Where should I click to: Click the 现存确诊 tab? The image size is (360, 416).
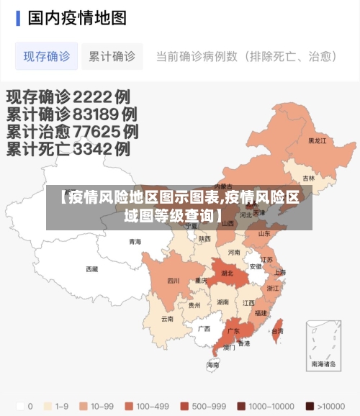47,56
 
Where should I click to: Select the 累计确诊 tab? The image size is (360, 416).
112,56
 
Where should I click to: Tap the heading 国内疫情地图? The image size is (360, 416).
77,17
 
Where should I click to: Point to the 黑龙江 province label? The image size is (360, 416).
318,141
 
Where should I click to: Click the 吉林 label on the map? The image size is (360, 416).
308,178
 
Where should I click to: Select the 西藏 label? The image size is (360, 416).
92,269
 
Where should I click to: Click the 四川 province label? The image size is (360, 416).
174,281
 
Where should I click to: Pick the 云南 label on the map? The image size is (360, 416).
167,318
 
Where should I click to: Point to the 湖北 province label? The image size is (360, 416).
228,273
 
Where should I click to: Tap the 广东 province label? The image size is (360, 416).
233,331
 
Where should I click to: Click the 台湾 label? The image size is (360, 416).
276,331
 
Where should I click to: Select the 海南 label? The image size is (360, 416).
213,365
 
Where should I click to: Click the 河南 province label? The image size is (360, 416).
234,253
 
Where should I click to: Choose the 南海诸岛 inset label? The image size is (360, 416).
323,364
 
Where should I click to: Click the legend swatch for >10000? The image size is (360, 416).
309,406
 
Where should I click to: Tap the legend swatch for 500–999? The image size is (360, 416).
185,406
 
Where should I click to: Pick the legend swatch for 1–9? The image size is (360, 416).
50,406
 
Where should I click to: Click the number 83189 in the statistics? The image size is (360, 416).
96,114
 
